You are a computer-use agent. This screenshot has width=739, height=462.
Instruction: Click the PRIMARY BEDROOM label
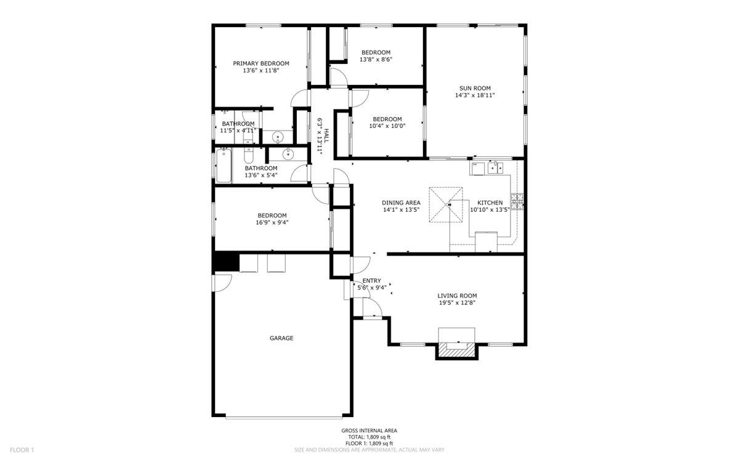pyautogui.click(x=260, y=63)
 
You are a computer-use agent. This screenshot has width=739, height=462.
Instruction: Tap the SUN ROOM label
pyautogui.click(x=475, y=88)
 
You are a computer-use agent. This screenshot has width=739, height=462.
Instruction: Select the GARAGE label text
pyautogui.click(x=281, y=338)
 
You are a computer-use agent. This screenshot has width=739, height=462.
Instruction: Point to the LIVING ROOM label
pyautogui.click(x=457, y=296)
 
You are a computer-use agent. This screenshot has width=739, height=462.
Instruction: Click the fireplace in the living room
pyautogui.click(x=456, y=349)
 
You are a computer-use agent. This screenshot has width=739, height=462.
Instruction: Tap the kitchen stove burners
pyautogui.click(x=517, y=201)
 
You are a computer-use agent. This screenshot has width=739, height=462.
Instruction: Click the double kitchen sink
pyautogui.click(x=495, y=168)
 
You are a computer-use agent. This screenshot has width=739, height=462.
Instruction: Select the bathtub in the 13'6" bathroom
pyautogui.click(x=223, y=166)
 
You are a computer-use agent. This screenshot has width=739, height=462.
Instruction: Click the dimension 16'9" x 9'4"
pyautogui.click(x=272, y=222)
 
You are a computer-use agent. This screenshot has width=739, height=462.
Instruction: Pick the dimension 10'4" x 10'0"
pyautogui.click(x=387, y=126)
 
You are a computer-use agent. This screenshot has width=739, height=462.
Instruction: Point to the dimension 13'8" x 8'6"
pyautogui.click(x=376, y=60)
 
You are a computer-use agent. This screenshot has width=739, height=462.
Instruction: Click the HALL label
pyautogui.click(x=326, y=137)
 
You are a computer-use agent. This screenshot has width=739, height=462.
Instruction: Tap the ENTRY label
pyautogui.click(x=371, y=281)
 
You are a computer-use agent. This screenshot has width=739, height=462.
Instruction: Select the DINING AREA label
pyautogui.click(x=401, y=203)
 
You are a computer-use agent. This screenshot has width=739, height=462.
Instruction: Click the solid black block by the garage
pyautogui.click(x=225, y=262)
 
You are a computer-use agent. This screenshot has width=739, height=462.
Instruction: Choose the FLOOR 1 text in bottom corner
pyautogui.click(x=22, y=450)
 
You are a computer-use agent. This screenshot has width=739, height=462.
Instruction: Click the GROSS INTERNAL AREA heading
pyautogui.click(x=369, y=431)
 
